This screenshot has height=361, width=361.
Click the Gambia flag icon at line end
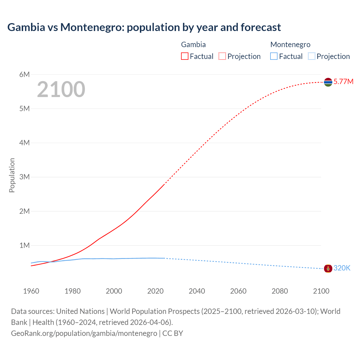coord(328,82)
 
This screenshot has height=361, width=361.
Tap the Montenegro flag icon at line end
coord(328,268)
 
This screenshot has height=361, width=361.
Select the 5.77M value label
coord(343,82)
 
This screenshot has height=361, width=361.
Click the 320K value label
coord(342,268)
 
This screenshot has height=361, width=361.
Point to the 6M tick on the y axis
coord(25,74)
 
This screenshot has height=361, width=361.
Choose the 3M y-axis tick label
coord(25,177)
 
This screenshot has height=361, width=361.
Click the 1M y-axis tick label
coord(25,245)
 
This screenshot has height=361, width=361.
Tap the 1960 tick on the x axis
coord(31,291)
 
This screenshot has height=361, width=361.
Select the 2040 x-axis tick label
coord(197,291)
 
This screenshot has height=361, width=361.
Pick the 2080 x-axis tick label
coord(280,291)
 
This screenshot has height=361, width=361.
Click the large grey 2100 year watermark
coord(61,89)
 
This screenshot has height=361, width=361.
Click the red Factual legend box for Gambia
coord(185,56)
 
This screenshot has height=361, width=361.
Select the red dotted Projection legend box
coord(222,56)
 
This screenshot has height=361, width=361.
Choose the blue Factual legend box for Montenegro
coord(274,56)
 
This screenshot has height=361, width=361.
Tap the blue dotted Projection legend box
coord(312,56)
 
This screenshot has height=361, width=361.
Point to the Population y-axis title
coord(12,175)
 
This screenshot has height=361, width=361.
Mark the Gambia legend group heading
coord(193,45)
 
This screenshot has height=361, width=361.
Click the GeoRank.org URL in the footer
coord(84,333)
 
